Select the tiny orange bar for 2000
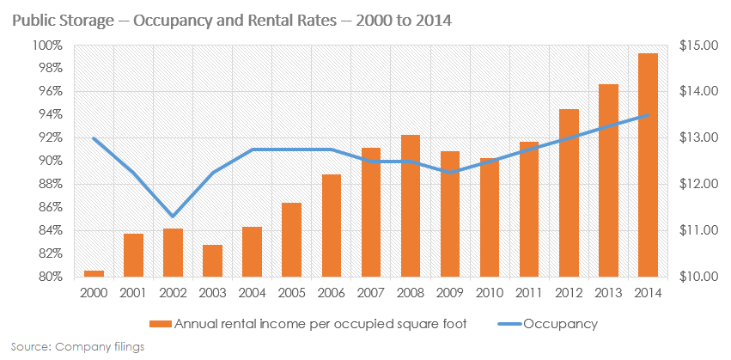[x=94, y=274]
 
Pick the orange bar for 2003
[x=213, y=261]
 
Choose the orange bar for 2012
[x=569, y=193]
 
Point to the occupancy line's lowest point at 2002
[x=174, y=216]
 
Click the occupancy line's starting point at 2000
[x=94, y=139]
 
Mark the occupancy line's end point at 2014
[x=648, y=115]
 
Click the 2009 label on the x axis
[x=450, y=293]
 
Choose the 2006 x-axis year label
[x=332, y=293]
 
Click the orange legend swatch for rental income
[x=160, y=325]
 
